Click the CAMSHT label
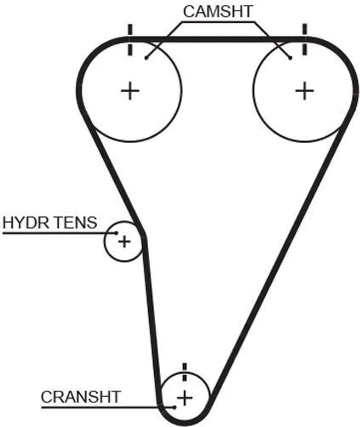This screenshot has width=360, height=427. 218,11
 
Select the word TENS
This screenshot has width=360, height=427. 73,222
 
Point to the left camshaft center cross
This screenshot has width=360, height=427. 130,90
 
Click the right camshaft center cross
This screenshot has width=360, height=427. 305,90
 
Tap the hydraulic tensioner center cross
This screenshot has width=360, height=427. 124,241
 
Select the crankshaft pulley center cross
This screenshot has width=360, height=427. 185,398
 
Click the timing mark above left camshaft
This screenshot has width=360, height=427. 130,40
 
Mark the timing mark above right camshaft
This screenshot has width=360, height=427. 305,39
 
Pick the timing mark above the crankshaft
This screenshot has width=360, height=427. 185,372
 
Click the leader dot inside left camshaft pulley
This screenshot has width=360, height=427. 146,58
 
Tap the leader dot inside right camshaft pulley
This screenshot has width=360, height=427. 290,58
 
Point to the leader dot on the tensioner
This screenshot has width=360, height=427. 116,233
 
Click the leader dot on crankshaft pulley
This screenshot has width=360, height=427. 175,407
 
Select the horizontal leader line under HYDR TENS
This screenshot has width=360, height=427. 59,233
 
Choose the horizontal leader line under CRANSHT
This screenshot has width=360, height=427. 108,407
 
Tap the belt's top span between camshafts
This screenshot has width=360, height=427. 217,39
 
